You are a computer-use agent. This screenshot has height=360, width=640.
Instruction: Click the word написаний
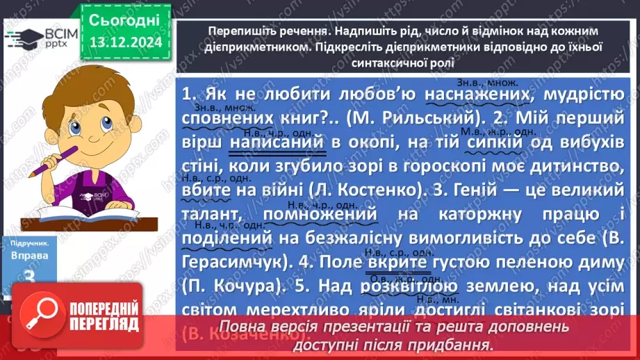click(287, 141)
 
